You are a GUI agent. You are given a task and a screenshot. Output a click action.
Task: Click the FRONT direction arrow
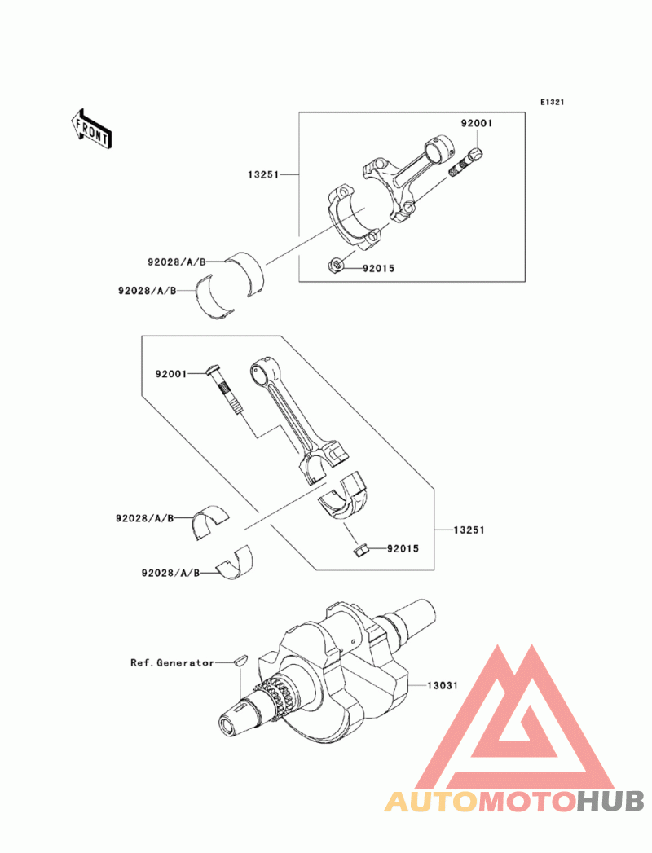click(x=90, y=129)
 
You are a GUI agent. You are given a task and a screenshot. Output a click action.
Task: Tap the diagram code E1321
click(x=552, y=102)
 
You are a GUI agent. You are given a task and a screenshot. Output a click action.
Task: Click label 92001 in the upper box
click(x=477, y=124)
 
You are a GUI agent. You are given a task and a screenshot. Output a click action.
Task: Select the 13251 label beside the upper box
click(x=263, y=174)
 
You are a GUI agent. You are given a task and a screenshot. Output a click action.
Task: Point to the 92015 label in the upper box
click(x=379, y=268)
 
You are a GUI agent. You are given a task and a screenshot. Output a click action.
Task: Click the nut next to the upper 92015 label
click(x=335, y=266)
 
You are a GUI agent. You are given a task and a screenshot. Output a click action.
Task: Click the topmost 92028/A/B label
click(x=177, y=262)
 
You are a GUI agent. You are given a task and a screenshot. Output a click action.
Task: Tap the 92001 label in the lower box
click(x=171, y=374)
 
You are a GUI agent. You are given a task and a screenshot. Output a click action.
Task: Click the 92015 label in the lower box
click(x=403, y=549)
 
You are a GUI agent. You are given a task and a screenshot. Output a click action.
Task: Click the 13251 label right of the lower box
click(x=469, y=530)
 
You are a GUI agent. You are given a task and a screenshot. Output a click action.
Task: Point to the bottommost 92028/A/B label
click(x=170, y=573)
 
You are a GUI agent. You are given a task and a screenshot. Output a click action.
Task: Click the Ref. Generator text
click(x=172, y=662)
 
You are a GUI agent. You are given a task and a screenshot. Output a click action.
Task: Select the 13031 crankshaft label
click(x=443, y=685)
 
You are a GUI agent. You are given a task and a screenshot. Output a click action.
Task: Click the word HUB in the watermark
click(x=610, y=801)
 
